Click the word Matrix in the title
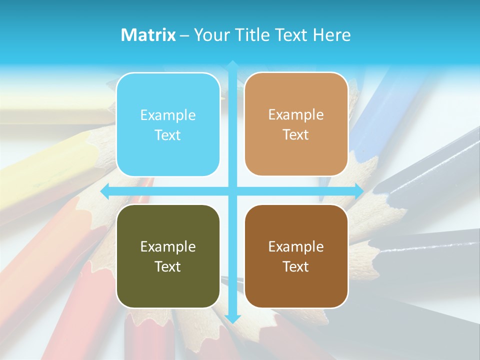tap(148, 35)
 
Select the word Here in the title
tap(331, 35)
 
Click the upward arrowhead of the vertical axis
tap(232, 64)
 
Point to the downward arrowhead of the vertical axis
tap(232, 318)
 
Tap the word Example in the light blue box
tap(168, 115)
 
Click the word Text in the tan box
tap(296, 134)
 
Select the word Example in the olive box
tap(168, 246)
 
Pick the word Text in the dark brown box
tap(296, 266)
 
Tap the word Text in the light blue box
tap(168, 135)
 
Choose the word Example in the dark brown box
tap(296, 246)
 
